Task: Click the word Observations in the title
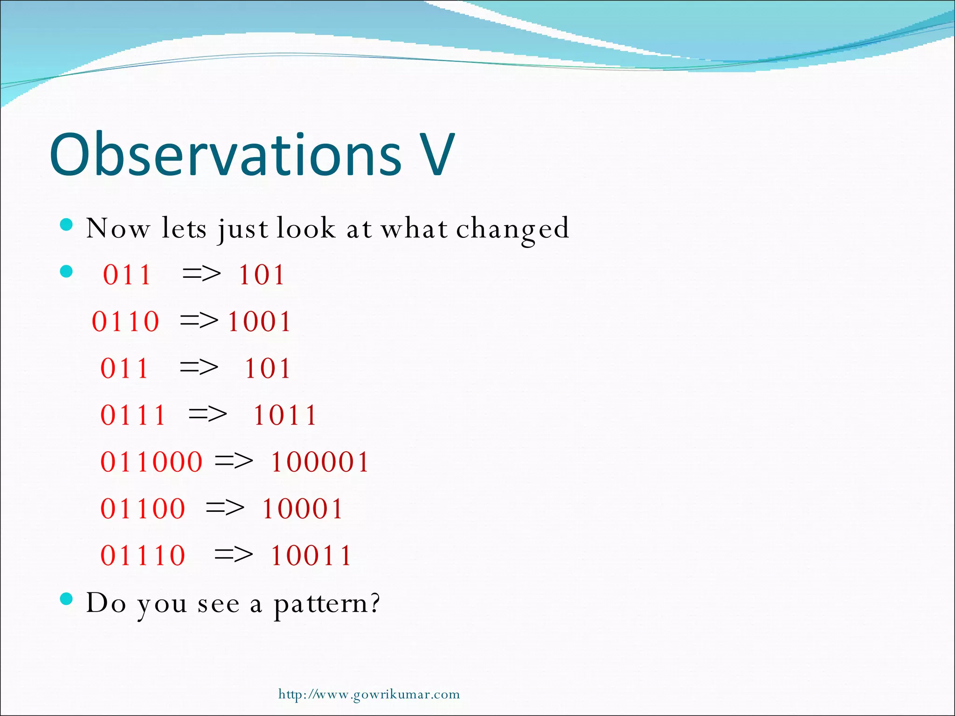[x=225, y=155]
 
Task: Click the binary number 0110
[x=125, y=322]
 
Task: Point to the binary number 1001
[x=259, y=322]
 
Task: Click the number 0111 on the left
[x=133, y=415]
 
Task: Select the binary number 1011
[x=285, y=415]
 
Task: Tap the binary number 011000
[x=152, y=462]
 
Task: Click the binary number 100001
[x=320, y=462]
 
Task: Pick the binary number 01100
[x=143, y=509]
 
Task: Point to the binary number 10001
[x=302, y=509]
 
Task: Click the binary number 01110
[x=143, y=555]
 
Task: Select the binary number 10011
[x=311, y=555]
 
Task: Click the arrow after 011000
[x=234, y=462]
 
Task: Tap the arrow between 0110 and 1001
[x=199, y=321]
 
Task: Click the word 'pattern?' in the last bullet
[x=326, y=604]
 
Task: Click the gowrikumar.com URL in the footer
[x=369, y=694]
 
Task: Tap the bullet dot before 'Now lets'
[x=67, y=225]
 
